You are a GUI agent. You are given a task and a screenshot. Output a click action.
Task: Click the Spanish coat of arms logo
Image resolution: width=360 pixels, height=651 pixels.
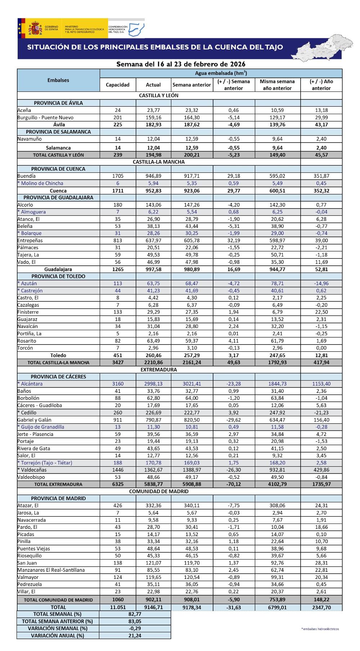(x=35, y=28)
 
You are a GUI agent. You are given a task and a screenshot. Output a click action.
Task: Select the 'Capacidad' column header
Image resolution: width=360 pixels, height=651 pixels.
(x=117, y=85)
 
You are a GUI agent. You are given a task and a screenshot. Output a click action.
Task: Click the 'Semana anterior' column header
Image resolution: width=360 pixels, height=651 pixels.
(x=192, y=85)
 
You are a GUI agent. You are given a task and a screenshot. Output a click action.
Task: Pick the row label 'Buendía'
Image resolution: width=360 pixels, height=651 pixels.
(x=27, y=176)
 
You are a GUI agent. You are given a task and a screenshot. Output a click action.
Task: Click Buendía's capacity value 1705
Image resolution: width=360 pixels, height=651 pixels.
(x=117, y=176)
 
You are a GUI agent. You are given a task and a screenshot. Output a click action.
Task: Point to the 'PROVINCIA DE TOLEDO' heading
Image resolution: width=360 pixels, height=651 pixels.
(x=58, y=276)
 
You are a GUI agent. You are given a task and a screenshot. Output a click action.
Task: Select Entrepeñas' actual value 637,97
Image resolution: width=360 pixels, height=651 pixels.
(x=153, y=240)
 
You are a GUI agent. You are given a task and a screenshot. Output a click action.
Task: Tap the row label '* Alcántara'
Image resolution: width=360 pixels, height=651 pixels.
(x=30, y=384)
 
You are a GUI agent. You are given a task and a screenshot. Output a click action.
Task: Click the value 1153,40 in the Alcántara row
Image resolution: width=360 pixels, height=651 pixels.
(x=321, y=384)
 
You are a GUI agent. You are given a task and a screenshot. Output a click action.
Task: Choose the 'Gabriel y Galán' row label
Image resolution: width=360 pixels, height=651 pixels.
(x=34, y=420)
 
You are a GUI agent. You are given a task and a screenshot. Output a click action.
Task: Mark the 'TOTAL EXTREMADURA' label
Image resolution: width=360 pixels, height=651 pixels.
(x=58, y=484)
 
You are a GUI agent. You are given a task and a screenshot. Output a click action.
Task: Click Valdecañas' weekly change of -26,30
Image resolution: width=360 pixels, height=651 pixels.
(x=233, y=470)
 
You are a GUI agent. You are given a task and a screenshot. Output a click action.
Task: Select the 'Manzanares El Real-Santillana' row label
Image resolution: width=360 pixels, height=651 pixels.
(x=51, y=570)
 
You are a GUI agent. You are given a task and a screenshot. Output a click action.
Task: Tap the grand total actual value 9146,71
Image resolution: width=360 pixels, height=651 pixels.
(x=153, y=607)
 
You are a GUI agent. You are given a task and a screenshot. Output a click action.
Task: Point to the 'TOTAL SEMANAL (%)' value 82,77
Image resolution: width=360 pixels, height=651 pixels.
(x=135, y=614)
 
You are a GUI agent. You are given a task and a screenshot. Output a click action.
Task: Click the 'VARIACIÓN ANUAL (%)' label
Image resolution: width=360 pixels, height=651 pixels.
(x=58, y=636)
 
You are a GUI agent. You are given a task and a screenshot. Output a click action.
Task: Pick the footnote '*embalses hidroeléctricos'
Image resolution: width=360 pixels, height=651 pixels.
(x=320, y=629)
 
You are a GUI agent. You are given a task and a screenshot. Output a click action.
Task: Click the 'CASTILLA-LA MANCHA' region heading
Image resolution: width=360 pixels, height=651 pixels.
(x=158, y=162)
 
